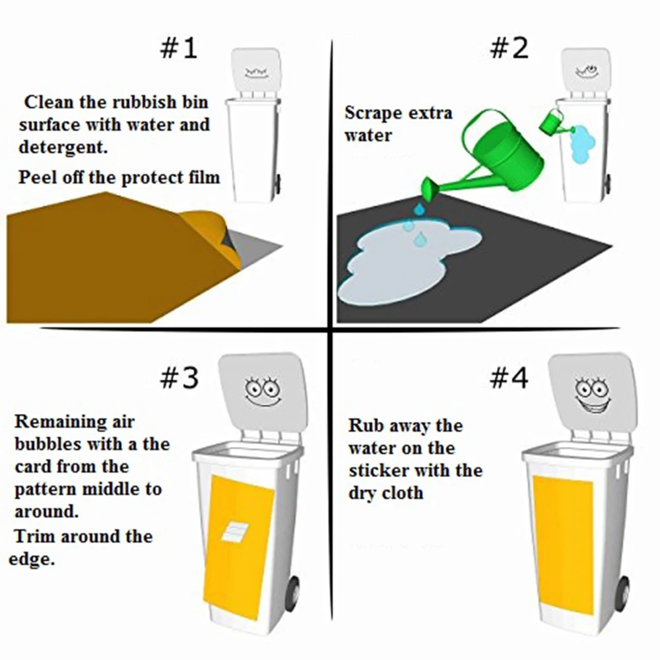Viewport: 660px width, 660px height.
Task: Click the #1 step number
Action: tap(178, 48)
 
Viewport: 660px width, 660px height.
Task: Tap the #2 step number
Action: tap(509, 48)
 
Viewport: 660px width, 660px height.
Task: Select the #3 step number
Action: tap(179, 378)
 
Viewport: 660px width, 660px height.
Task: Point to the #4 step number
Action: tap(509, 378)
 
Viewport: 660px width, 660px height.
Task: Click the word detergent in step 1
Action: tap(63, 147)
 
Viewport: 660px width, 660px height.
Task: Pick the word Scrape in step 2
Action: tap(373, 113)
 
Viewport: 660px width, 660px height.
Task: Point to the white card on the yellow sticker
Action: tap(235, 531)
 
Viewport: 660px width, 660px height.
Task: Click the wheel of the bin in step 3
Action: tap(294, 594)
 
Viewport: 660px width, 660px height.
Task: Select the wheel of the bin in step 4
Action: tap(624, 594)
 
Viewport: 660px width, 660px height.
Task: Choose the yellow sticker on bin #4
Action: tap(563, 545)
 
